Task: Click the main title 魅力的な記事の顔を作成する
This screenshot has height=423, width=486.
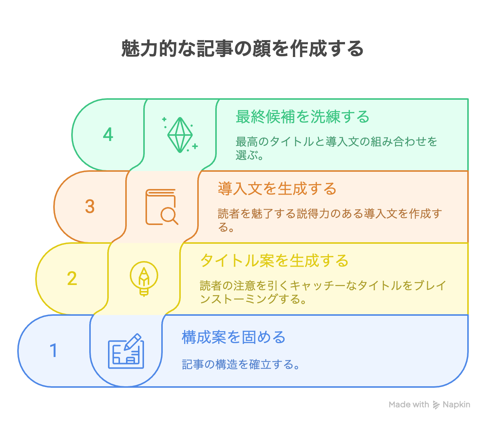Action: (x=242, y=48)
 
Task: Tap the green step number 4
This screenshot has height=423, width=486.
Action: (x=108, y=134)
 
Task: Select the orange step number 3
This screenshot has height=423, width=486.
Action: (x=90, y=206)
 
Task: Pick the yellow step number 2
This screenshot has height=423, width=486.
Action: (x=72, y=278)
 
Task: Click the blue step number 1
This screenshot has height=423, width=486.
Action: (x=54, y=350)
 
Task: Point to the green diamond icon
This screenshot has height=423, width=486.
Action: (x=180, y=135)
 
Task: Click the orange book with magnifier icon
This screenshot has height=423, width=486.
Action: (x=162, y=207)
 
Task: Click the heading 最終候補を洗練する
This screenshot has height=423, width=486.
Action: (x=302, y=117)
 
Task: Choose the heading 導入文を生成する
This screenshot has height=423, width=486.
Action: (x=277, y=189)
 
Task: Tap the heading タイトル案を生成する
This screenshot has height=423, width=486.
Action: (x=274, y=261)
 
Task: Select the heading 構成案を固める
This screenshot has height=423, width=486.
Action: (x=234, y=337)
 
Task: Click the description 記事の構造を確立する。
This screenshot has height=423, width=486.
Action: (x=241, y=364)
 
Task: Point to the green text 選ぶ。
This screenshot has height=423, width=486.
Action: (x=249, y=155)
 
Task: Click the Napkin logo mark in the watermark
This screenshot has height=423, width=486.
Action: (x=436, y=405)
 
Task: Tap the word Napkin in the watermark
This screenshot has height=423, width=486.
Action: (x=456, y=405)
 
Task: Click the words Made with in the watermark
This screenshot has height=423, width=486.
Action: (x=409, y=405)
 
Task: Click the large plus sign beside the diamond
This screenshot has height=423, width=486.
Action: (x=195, y=146)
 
